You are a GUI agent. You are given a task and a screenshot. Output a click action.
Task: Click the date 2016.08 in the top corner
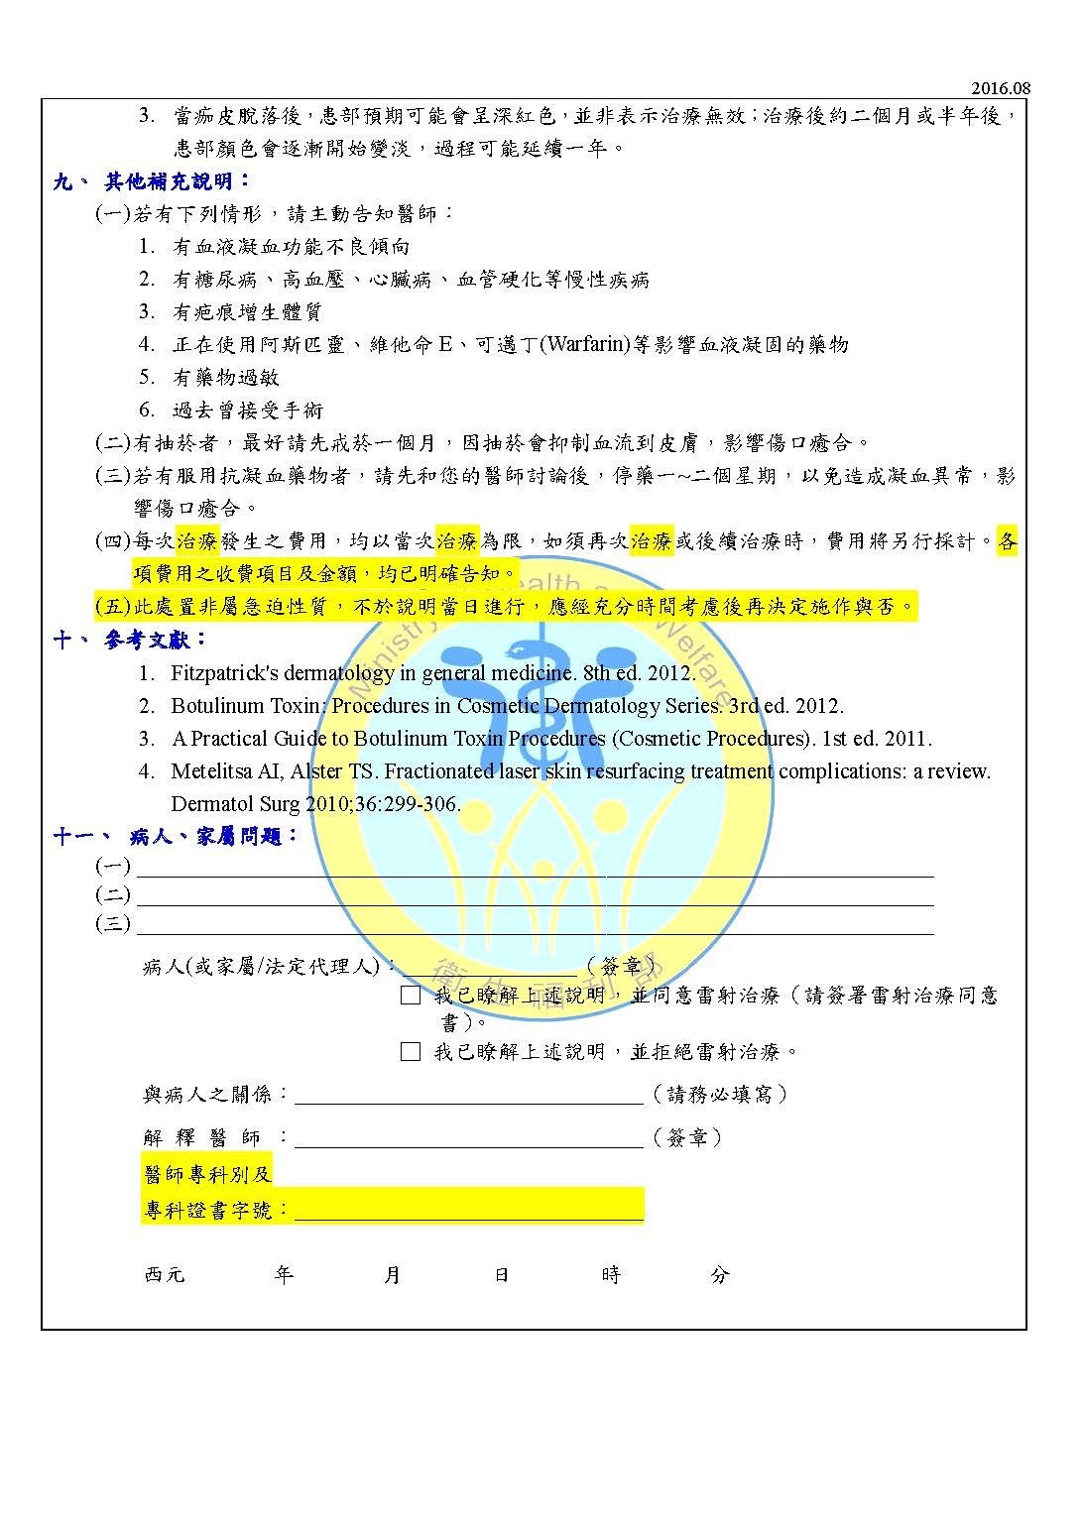point(1001,88)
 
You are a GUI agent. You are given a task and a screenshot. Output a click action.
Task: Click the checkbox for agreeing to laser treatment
point(411,996)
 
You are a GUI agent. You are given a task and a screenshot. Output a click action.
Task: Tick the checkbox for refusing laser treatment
point(411,1052)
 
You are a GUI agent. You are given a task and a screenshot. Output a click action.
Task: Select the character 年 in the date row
point(284,1275)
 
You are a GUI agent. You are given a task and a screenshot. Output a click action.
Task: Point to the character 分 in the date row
point(720,1275)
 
